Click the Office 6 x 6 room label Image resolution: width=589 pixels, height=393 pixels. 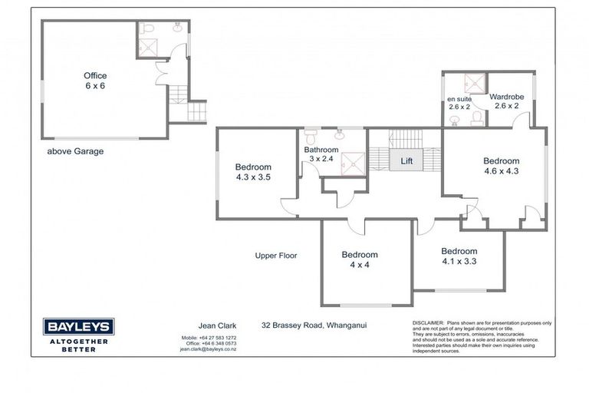pos(95,81)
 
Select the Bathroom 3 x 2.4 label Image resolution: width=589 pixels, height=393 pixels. pos(321,154)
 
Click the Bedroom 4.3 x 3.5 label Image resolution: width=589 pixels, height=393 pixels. pos(253,172)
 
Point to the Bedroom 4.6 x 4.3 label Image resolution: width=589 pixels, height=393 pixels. pos(501,166)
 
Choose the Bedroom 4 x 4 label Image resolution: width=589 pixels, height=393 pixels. pos(360,259)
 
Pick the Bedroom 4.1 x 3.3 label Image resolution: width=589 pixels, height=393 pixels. pos(459,256)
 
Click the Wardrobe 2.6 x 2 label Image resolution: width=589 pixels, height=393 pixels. pos(506,101)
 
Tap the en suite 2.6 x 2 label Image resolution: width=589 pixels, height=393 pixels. pos(460,103)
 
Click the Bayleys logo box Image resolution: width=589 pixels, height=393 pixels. pos(79,326)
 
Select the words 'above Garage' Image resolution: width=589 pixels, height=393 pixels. pos(75,151)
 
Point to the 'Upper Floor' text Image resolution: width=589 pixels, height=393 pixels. pos(276,256)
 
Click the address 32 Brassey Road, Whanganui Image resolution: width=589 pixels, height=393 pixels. pos(314,325)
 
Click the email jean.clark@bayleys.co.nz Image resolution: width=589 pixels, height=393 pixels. pos(208,348)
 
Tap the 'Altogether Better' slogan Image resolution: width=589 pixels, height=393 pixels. pos(79,344)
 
